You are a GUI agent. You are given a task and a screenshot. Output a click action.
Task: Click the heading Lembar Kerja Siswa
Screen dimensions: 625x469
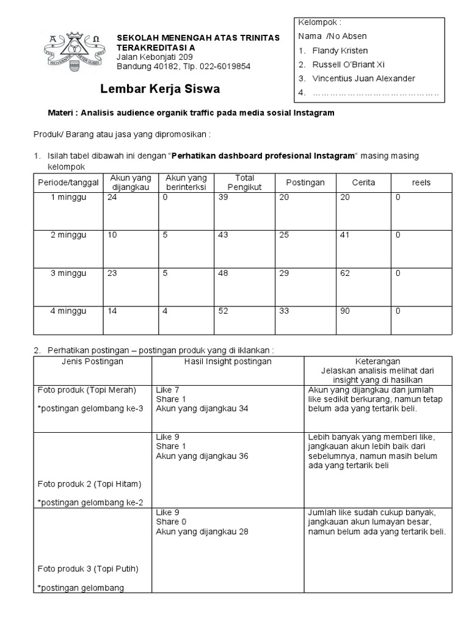(160, 90)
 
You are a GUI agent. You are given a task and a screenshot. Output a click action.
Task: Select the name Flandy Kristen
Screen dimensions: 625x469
(340, 50)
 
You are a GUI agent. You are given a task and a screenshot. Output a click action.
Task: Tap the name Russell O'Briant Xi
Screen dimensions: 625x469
(348, 64)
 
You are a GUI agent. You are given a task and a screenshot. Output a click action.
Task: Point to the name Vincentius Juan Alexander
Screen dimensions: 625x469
(363, 78)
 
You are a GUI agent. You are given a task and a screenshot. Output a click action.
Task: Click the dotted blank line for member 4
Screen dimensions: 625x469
(375, 93)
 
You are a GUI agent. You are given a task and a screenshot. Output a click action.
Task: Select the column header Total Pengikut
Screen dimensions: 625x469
(240, 182)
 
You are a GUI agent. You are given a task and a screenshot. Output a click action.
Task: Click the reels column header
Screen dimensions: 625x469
(421, 182)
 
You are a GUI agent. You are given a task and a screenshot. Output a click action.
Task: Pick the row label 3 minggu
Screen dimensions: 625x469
(68, 273)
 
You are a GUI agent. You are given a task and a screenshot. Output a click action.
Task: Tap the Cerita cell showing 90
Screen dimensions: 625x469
(346, 311)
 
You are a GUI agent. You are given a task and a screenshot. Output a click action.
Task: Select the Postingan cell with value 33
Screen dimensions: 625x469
(284, 311)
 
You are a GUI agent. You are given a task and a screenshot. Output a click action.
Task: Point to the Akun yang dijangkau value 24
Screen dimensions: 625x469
(112, 197)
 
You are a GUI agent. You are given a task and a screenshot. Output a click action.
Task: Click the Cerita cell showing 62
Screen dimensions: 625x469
(346, 273)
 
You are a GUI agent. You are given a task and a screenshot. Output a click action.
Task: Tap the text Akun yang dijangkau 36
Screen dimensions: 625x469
(202, 456)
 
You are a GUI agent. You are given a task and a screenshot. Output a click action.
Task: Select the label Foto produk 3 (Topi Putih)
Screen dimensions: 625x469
(88, 569)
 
